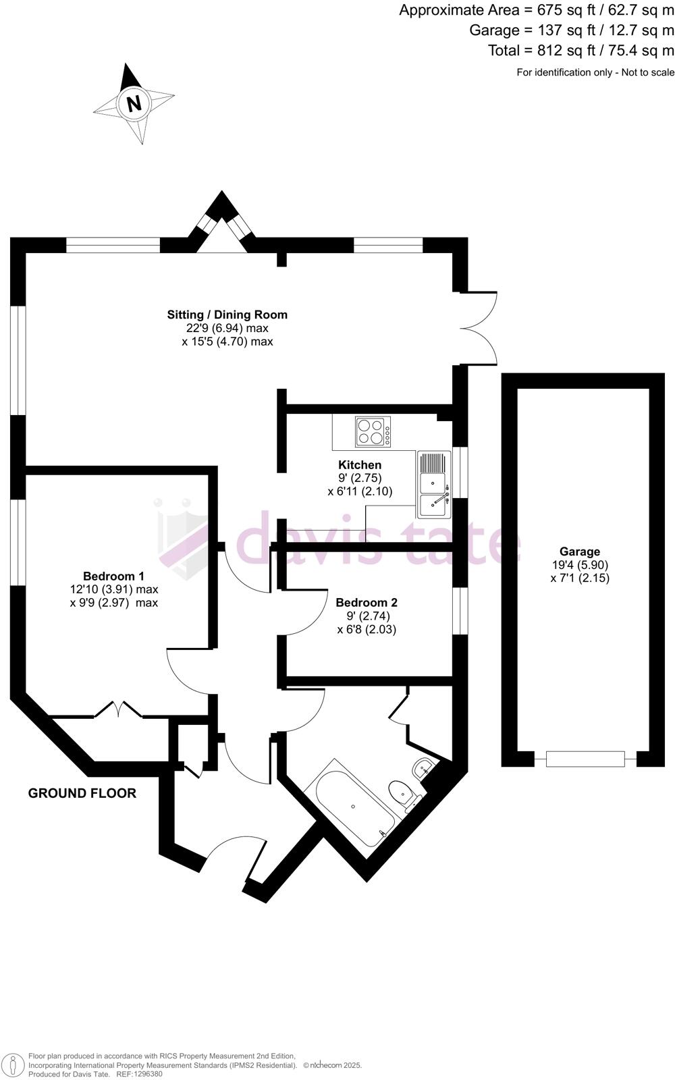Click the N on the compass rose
tap(134, 104)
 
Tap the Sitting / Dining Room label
tap(227, 315)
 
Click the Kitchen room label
tap(360, 464)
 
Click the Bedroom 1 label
tap(113, 576)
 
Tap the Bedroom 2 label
tap(367, 603)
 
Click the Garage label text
tap(579, 551)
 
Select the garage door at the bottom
tap(585, 759)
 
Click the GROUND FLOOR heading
tap(82, 793)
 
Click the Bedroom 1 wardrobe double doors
tap(118, 710)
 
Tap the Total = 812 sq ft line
tap(580, 50)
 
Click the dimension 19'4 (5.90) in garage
tap(579, 565)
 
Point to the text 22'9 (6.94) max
tap(227, 328)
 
